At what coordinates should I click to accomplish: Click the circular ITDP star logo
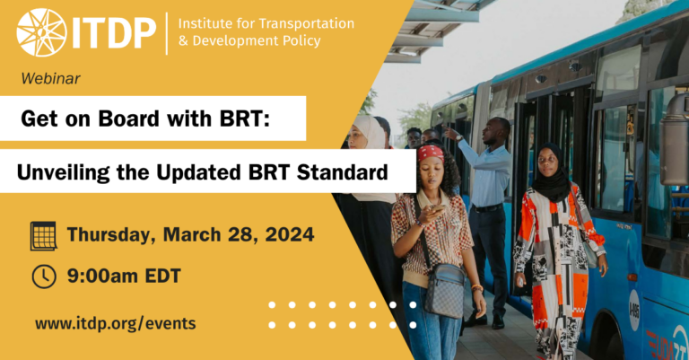41,32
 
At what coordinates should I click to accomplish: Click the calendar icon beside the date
43,236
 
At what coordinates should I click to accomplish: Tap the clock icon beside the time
43,277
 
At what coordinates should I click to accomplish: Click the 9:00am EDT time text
124,277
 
